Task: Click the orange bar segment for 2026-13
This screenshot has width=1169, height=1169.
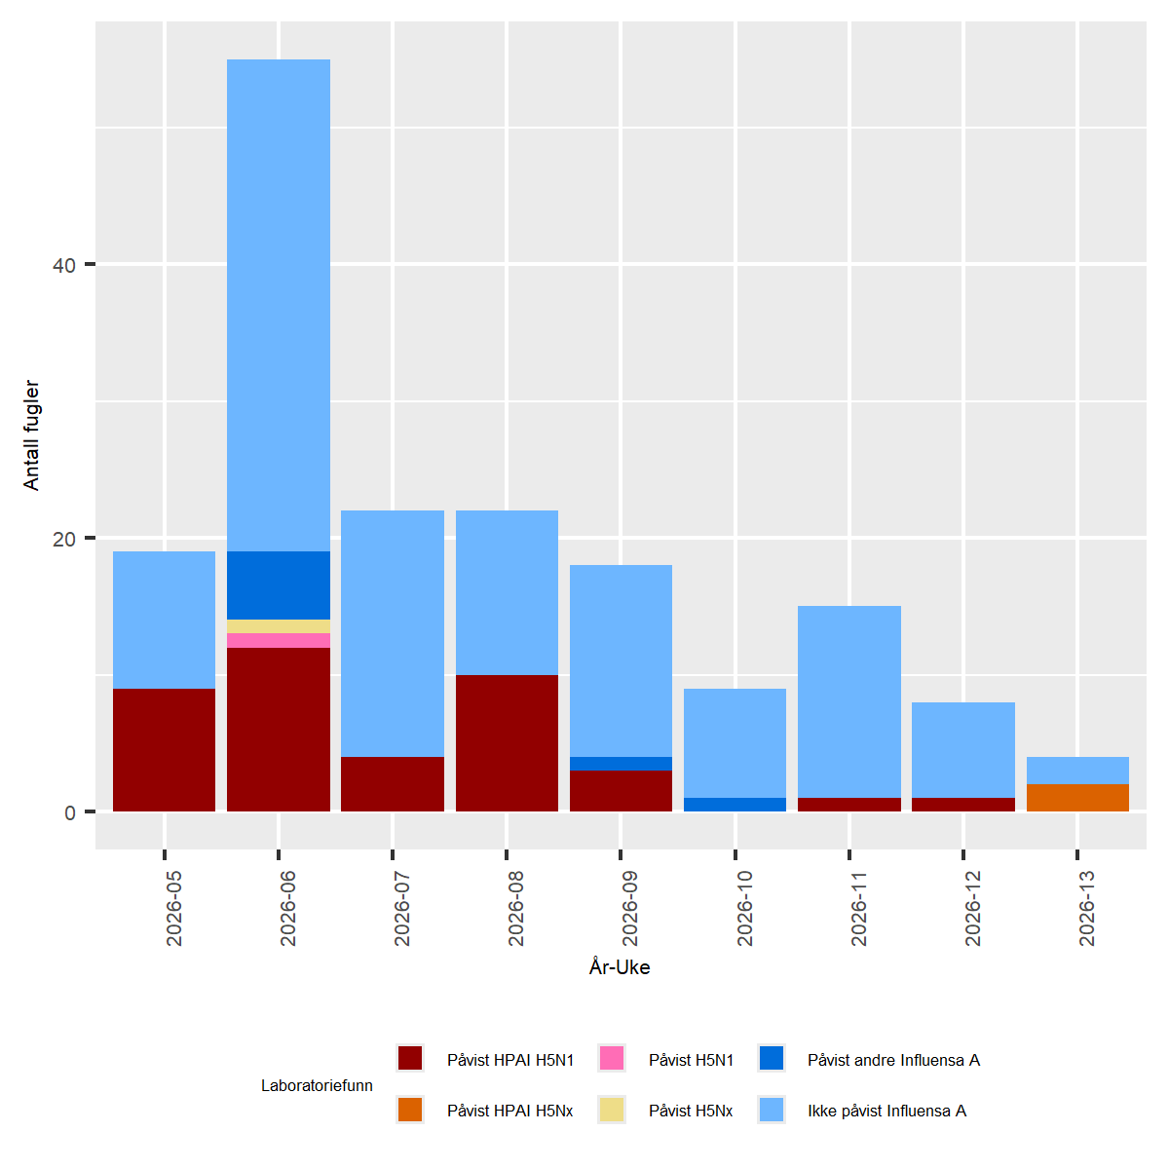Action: pos(1077,798)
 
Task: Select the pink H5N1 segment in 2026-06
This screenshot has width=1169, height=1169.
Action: pos(279,640)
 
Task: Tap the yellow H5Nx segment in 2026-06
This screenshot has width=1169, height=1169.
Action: pos(279,626)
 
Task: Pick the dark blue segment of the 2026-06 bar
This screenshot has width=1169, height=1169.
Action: pos(279,585)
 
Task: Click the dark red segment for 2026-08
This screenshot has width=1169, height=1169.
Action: pos(507,743)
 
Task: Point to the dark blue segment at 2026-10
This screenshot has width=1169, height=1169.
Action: pos(735,805)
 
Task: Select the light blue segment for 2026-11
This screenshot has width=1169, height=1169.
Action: pos(849,701)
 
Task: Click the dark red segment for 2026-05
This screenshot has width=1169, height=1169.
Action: pos(164,750)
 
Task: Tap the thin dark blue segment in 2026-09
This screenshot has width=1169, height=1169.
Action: pos(621,764)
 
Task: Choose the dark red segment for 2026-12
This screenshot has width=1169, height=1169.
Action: pos(963,805)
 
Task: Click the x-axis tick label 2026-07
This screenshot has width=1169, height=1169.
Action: pos(401,908)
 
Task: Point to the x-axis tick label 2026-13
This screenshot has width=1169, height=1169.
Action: pos(1086,908)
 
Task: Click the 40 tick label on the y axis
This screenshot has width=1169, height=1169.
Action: pos(64,265)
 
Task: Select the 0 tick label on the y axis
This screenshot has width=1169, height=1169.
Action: pos(70,812)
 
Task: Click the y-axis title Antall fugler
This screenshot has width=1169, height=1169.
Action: pos(31,435)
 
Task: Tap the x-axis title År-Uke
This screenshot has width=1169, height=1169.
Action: pos(620,967)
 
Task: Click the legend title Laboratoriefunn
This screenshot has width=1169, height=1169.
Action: pos(317,1085)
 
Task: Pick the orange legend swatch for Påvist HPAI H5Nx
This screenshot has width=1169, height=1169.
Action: pos(410,1110)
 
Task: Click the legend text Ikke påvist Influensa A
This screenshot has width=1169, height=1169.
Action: pos(886,1111)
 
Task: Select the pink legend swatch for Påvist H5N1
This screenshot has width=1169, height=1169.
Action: pos(612,1059)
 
